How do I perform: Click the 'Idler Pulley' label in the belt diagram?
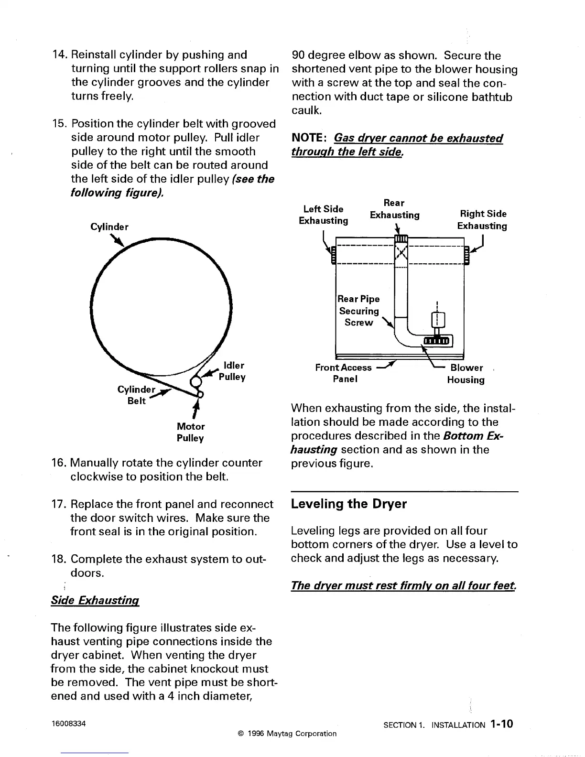232,371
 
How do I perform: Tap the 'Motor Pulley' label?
190,432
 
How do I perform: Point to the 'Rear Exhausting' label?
394,209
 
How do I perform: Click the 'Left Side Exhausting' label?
323,215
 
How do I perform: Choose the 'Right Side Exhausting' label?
482,220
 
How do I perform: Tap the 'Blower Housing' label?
466,374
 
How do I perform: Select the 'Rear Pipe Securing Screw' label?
358,311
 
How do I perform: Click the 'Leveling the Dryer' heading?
348,504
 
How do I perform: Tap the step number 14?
59,55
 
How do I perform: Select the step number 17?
58,504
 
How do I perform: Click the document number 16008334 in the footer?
69,724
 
